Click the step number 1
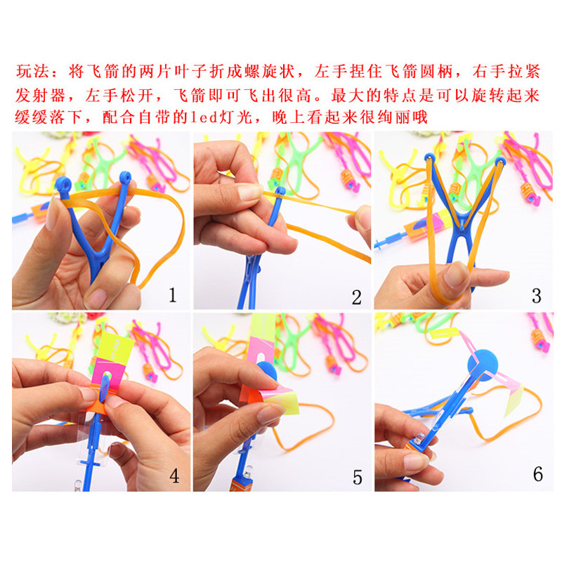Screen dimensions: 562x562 (173, 295)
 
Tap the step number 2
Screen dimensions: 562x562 (356, 297)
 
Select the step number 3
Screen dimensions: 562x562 (536, 296)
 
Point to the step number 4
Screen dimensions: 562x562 (174, 476)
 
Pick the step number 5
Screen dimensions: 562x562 (358, 478)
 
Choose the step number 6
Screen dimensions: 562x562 (537, 474)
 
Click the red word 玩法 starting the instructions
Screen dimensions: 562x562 (32, 72)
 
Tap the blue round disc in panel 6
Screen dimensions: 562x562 (483, 365)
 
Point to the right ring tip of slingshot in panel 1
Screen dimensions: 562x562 (125, 178)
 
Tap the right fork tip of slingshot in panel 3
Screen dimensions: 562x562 (501, 162)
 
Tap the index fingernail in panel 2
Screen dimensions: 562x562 (250, 192)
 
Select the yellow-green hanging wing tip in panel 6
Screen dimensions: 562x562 (514, 402)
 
